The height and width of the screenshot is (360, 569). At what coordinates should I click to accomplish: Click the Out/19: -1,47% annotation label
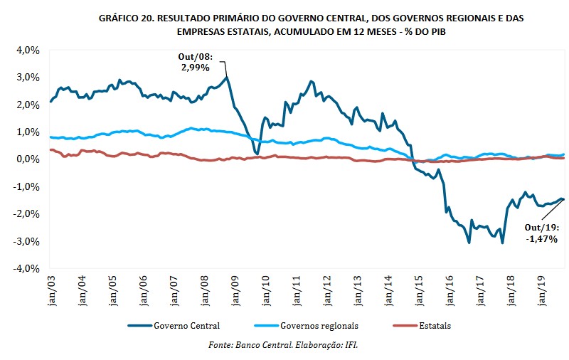(x=541, y=233)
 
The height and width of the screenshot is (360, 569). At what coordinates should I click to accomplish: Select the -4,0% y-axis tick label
(x=23, y=269)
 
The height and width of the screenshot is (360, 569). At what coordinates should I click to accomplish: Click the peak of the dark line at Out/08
(x=227, y=78)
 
